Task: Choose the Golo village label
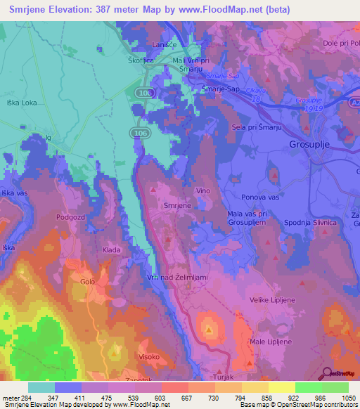click(x=87, y=282)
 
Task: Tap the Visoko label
click(x=148, y=356)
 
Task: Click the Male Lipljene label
click(x=270, y=343)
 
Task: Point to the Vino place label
click(x=203, y=191)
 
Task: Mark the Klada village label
click(x=112, y=249)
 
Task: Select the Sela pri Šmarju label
click(x=256, y=127)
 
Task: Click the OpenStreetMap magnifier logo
click(x=326, y=373)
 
